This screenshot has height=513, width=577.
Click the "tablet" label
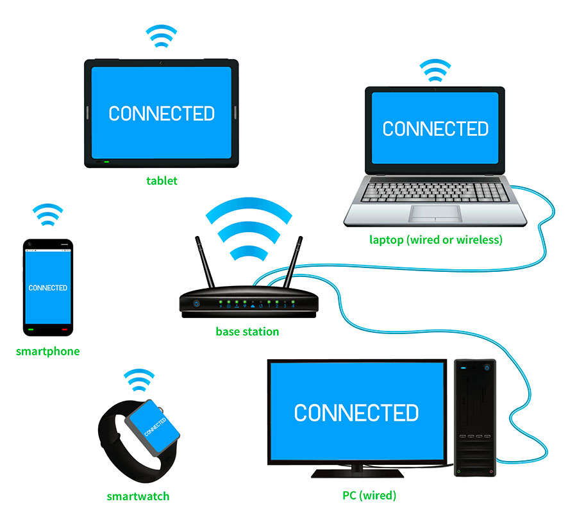(162, 181)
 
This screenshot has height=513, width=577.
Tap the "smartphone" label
(48, 351)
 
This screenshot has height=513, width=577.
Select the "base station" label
(247, 332)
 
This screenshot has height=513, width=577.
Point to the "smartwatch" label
(138, 496)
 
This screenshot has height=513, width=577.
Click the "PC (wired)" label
(369, 495)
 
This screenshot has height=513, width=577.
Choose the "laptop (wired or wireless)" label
(436, 240)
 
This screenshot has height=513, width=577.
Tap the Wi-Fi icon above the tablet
(161, 36)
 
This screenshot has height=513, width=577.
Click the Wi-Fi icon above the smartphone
(48, 215)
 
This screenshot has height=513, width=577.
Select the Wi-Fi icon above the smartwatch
(139, 380)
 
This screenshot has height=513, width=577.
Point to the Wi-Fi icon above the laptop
(435, 71)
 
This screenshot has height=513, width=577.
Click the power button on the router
(197, 304)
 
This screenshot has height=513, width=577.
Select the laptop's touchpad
(435, 214)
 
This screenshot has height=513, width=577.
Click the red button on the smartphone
(65, 330)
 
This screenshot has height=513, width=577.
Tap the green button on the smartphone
(31, 330)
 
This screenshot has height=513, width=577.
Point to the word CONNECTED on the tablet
(162, 114)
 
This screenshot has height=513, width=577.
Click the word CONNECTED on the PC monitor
(356, 412)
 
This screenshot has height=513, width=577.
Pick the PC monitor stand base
(357, 473)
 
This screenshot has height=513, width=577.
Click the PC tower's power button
(487, 367)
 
